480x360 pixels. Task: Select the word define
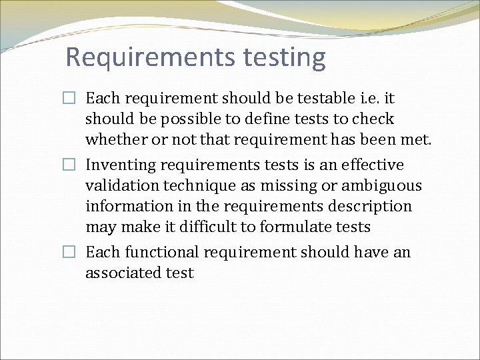248,119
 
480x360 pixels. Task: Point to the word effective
372,165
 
